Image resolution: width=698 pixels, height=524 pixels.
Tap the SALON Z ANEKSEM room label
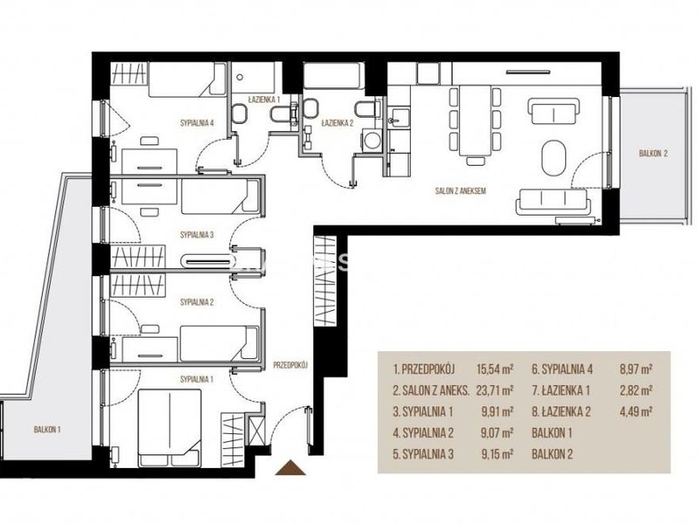tap(461, 191)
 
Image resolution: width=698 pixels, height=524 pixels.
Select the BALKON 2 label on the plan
tap(653, 154)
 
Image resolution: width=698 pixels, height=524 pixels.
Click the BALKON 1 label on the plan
tap(47, 430)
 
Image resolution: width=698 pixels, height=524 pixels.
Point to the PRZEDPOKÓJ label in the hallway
tap(291, 365)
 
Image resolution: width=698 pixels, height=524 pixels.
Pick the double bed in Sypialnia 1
tap(169, 428)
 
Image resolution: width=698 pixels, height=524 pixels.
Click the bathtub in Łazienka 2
tap(333, 76)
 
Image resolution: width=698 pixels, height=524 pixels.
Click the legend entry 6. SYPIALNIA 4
tap(562, 369)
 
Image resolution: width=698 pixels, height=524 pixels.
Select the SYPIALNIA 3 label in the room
tap(197, 235)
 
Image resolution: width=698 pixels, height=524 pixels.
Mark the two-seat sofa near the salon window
tap(554, 112)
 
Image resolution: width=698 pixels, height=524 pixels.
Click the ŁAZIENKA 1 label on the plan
tap(263, 100)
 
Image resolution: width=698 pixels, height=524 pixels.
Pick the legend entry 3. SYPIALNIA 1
tap(422, 411)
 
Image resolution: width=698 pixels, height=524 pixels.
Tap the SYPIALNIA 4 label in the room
tap(197, 123)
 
